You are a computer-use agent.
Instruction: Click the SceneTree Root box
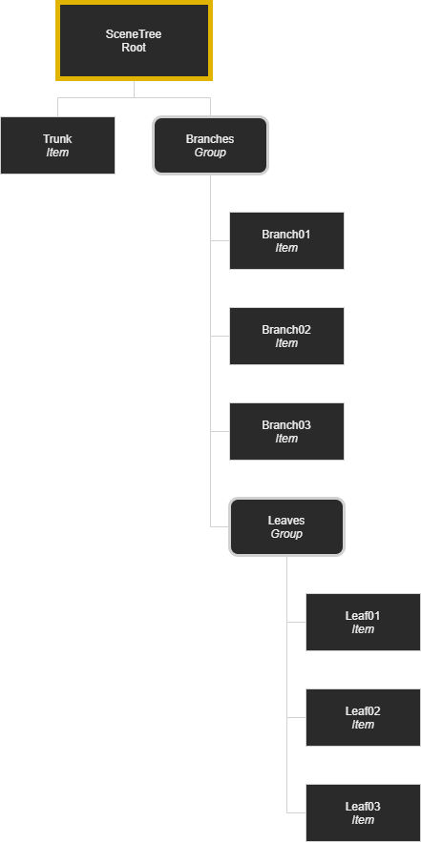134,41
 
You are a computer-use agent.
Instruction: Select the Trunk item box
57,146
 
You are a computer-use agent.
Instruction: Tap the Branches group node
210,146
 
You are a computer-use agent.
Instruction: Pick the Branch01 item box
286,240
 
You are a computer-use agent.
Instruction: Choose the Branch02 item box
286,337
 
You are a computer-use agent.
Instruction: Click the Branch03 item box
286,431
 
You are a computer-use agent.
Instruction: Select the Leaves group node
286,526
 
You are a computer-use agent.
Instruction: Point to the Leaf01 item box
363,622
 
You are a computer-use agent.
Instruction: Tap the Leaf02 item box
363,717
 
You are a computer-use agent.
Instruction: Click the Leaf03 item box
363,812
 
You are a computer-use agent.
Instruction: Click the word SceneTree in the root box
134,34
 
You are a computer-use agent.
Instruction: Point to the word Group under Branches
210,153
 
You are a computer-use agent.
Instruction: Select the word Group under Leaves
286,534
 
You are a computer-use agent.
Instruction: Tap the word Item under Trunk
57,153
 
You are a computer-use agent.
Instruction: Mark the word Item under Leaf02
363,725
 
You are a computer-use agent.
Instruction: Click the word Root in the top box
134,48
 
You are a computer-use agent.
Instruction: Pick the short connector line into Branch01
220,240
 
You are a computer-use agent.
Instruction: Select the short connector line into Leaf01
296,622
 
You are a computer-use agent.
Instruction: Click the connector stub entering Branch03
220,431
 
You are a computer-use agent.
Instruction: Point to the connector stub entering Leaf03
296,812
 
